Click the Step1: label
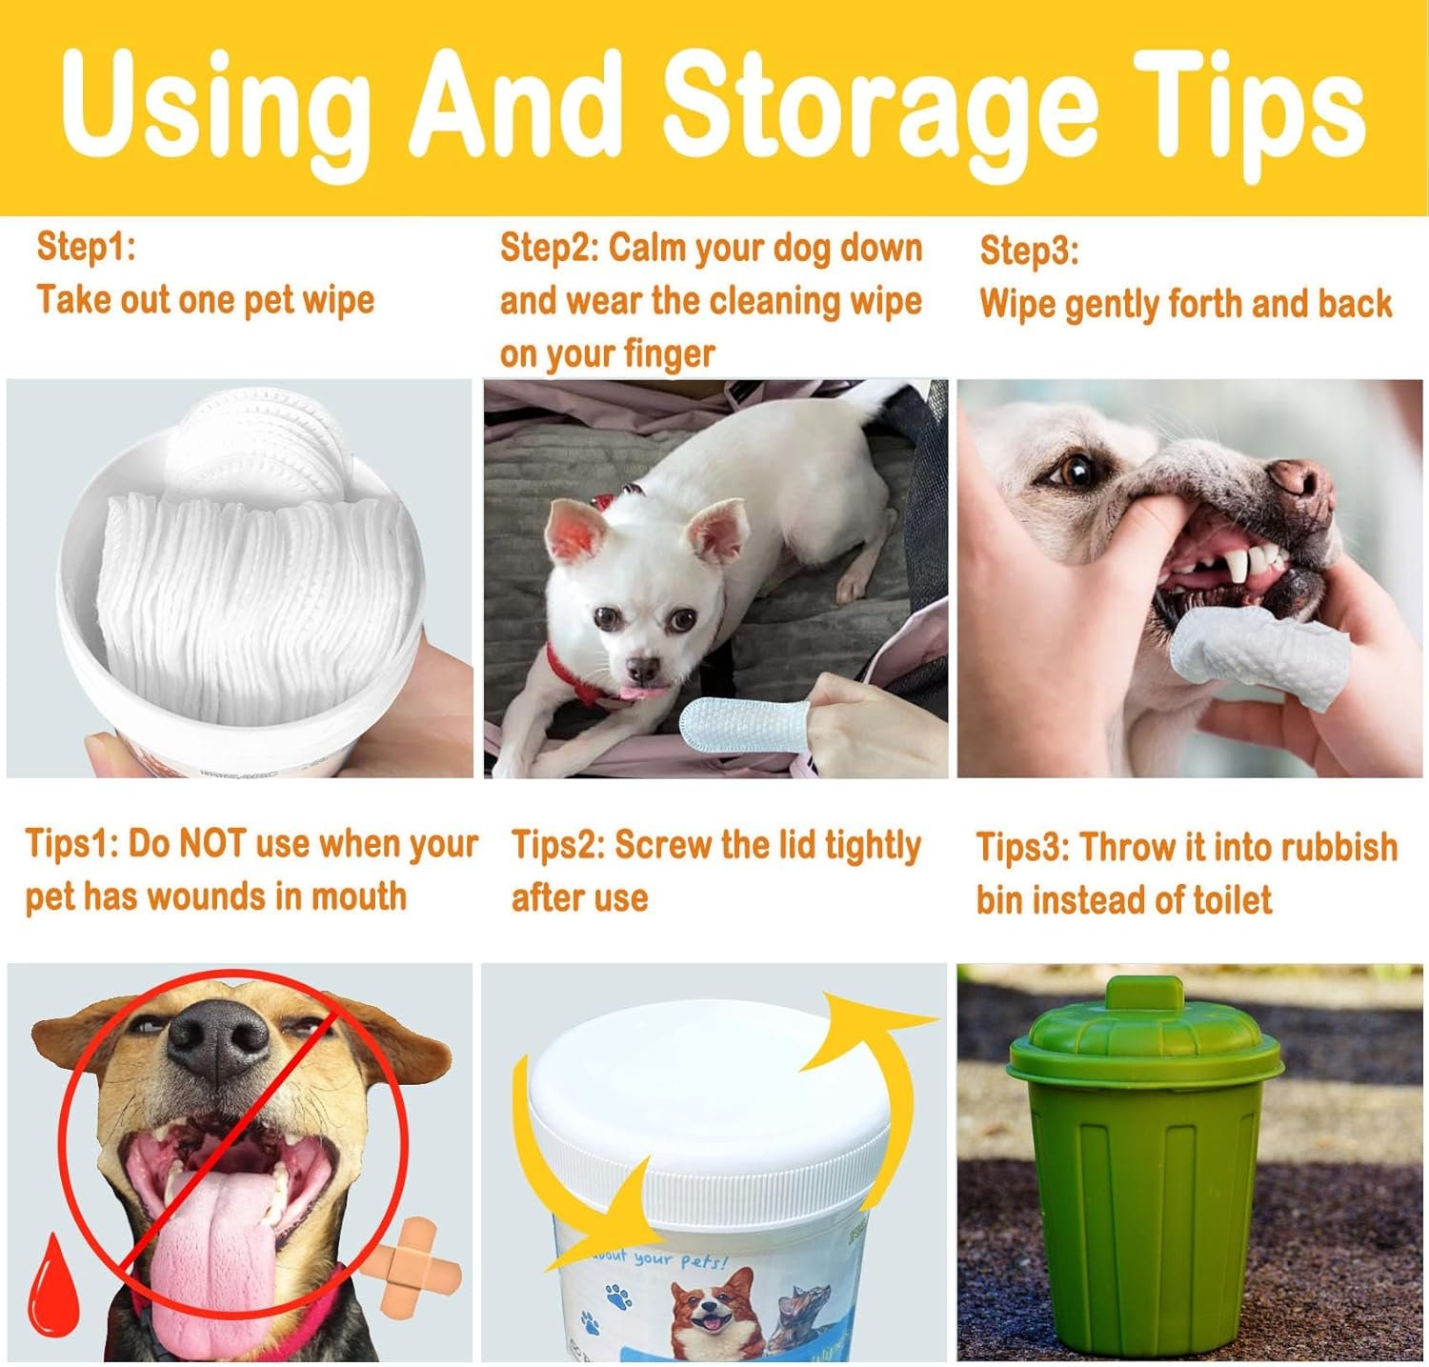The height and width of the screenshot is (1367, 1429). [x=87, y=247]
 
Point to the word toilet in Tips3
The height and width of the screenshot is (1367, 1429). [x=1224, y=898]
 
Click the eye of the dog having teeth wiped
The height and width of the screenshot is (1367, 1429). [x=1076, y=470]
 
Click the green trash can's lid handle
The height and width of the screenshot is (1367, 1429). [x=1143, y=993]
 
